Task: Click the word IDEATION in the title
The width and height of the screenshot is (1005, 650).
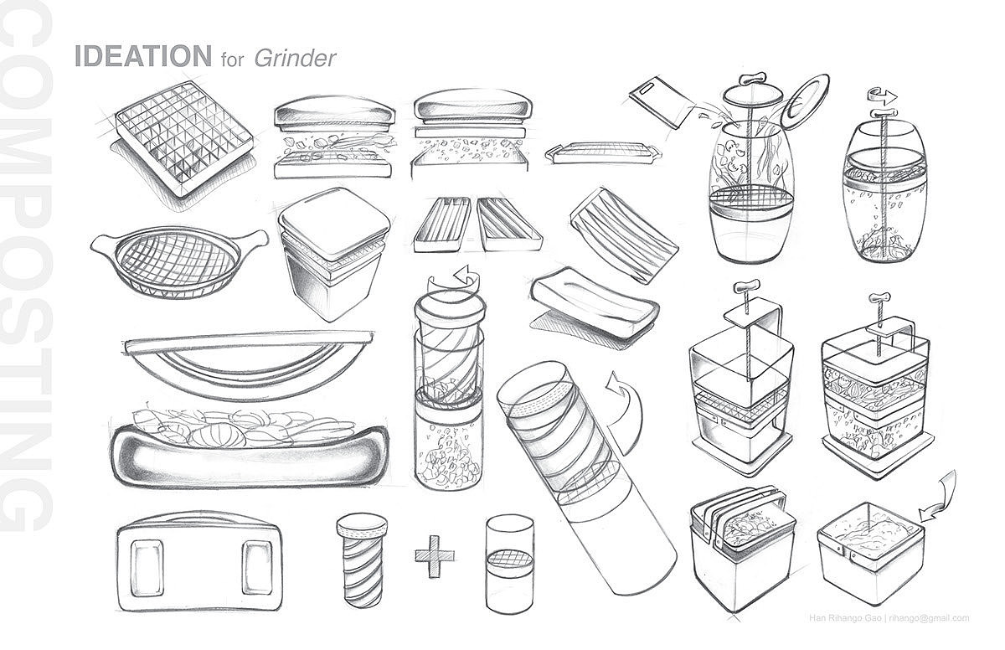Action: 142,55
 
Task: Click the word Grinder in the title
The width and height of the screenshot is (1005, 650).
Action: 295,58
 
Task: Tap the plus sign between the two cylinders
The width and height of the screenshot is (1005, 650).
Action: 434,556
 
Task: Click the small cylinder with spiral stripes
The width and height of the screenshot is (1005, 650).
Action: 362,560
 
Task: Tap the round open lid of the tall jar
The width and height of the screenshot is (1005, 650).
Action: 807,102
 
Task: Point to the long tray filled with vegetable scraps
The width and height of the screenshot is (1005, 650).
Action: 250,449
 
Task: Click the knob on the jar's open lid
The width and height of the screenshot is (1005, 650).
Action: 750,80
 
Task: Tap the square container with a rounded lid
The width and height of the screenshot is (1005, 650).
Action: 334,253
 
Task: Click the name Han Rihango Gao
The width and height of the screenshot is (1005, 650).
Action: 845,618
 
